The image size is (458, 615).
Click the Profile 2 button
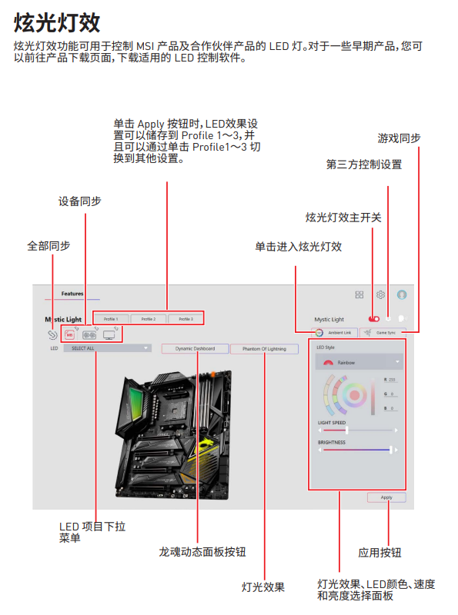pyautogui.click(x=149, y=318)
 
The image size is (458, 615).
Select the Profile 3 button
pyautogui.click(x=186, y=318)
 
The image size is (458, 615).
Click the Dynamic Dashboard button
pyautogui.click(x=195, y=348)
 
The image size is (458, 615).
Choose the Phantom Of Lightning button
pyautogui.click(x=264, y=348)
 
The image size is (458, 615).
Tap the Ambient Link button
pyautogui.click(x=335, y=332)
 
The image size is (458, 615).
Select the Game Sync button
pyautogui.click(x=383, y=332)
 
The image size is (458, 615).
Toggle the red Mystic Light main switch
pyautogui.click(x=374, y=318)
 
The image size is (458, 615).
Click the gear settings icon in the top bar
pyautogui.click(x=380, y=294)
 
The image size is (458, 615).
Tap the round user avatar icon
pyautogui.click(x=402, y=294)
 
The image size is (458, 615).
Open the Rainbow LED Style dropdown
pyautogui.click(x=359, y=361)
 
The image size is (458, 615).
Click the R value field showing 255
pyautogui.click(x=390, y=381)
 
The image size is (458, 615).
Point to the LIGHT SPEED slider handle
pyautogui.click(x=336, y=430)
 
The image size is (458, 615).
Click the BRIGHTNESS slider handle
pyautogui.click(x=391, y=450)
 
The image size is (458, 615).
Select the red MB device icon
pyautogui.click(x=69, y=334)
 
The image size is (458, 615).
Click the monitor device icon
pyautogui.click(x=109, y=334)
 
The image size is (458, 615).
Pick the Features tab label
pyautogui.click(x=72, y=294)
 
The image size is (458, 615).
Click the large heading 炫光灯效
pyautogui.click(x=58, y=21)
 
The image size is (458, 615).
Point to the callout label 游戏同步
pyautogui.click(x=399, y=138)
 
